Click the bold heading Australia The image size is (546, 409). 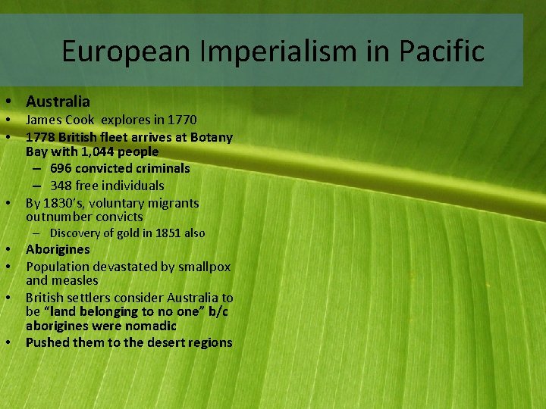(x=58, y=101)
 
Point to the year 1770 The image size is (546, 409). (x=180, y=120)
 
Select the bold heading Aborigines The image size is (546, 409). (x=58, y=249)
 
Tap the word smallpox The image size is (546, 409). (x=203, y=267)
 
